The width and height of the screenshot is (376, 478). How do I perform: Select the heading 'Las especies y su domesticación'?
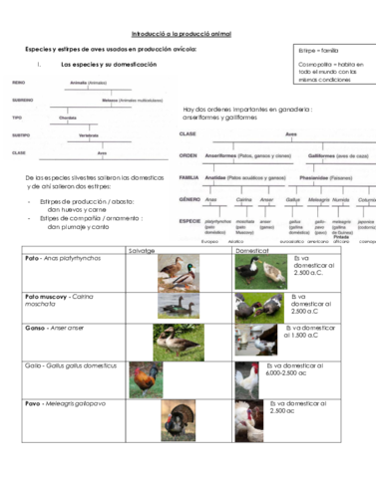point(109,65)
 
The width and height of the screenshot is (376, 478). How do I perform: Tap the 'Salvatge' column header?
point(141,250)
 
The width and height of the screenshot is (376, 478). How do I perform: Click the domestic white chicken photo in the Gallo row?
point(248,379)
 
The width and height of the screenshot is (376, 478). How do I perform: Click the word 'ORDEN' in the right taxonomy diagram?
point(188,155)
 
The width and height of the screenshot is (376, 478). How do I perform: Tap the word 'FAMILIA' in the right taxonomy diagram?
point(189,177)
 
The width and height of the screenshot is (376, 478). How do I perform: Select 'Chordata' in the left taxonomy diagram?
point(68,117)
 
